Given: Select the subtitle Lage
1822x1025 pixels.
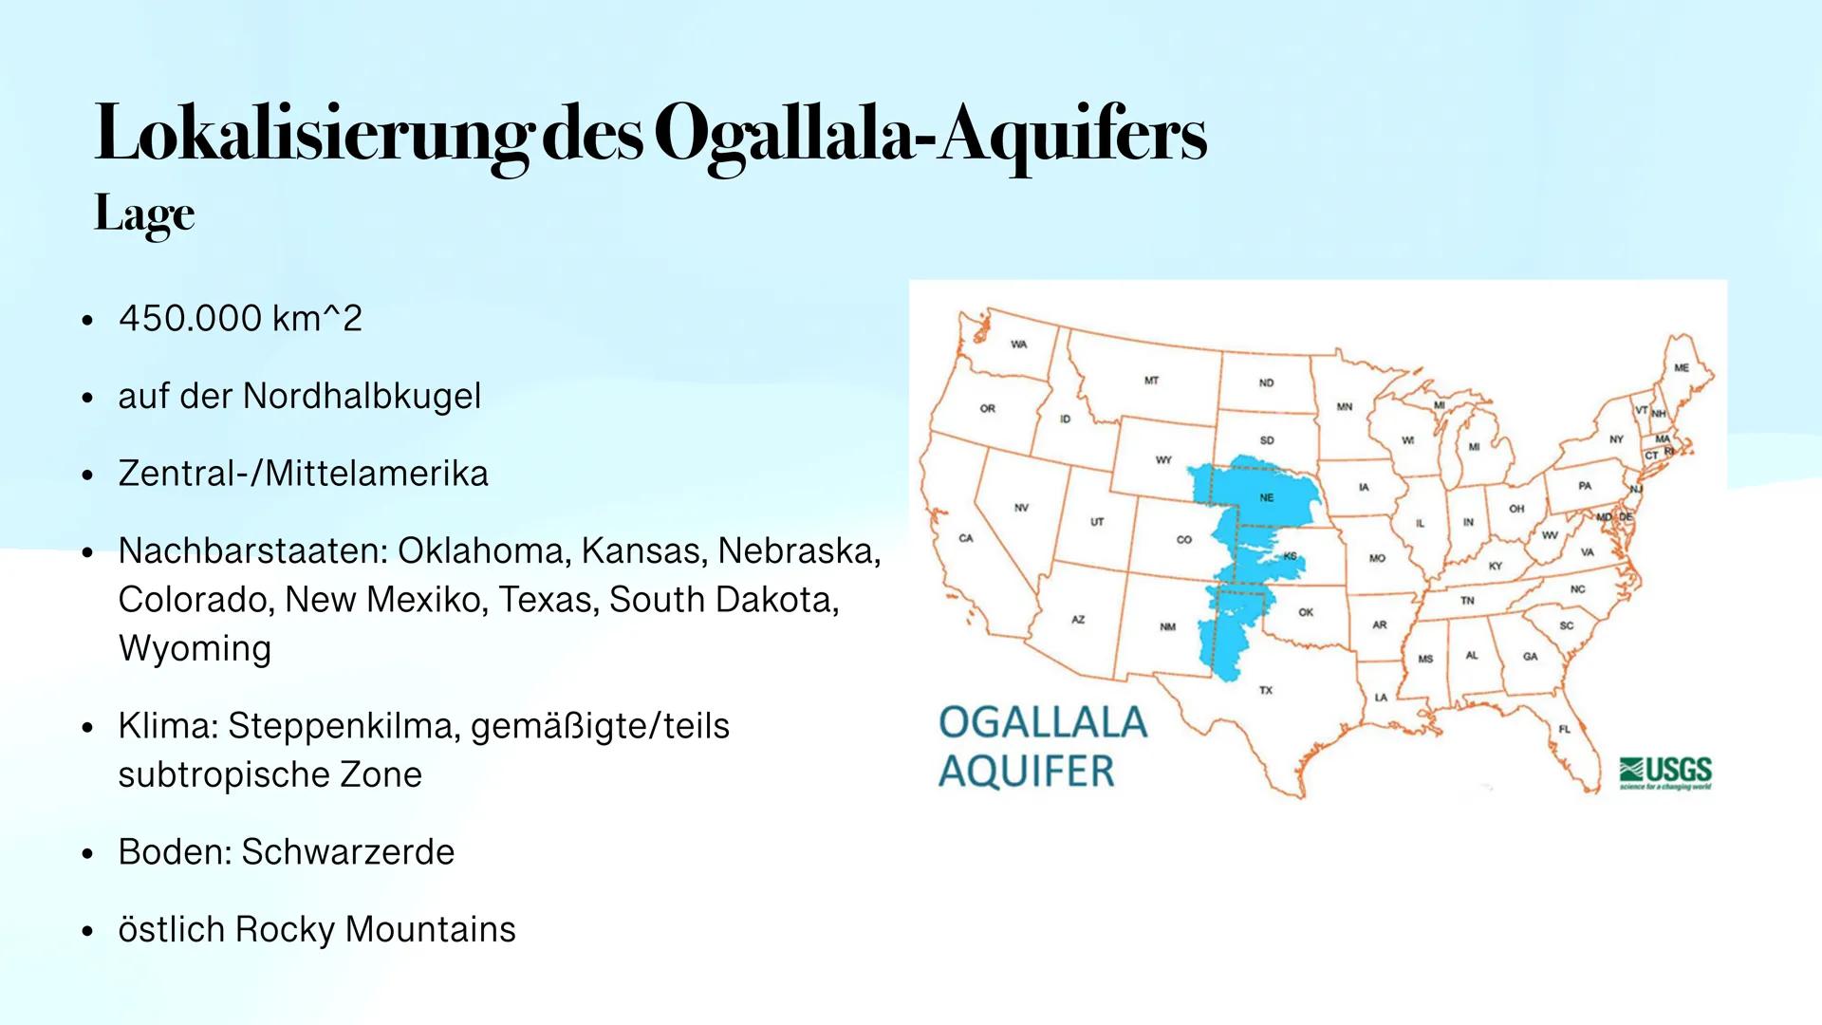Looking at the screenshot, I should (144, 214).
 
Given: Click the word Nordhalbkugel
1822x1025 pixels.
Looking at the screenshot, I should (362, 396).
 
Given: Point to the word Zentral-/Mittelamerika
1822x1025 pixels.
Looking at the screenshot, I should (303, 473).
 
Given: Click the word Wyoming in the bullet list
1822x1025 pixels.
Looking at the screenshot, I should (195, 648).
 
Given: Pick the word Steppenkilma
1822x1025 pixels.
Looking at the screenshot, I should (343, 726).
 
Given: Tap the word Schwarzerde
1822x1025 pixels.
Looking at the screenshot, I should (347, 852).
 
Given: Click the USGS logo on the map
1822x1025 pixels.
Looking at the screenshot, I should (1666, 773).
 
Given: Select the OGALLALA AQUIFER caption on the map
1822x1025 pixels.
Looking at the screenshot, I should (1041, 747).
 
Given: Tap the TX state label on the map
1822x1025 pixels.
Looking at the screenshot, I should (1266, 690).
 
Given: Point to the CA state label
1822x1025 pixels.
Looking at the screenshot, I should (965, 538).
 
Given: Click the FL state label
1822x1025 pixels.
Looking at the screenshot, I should (1565, 729).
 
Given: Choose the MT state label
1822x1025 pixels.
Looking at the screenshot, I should (1151, 381).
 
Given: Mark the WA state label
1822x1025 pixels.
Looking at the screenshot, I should (1018, 345).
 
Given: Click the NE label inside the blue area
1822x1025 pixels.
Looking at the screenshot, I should (1266, 497).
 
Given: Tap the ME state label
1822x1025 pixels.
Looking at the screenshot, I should (1682, 367).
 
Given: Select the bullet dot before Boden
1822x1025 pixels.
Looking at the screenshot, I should (87, 853).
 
